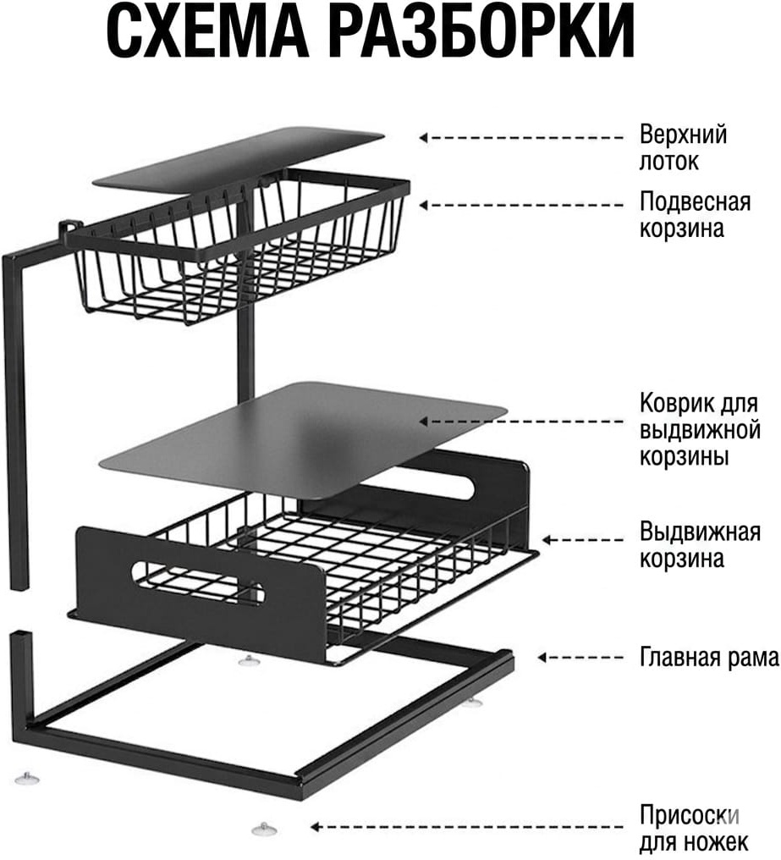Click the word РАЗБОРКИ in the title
pyautogui.click(x=481, y=30)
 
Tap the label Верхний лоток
pyautogui.click(x=683, y=148)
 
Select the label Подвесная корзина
pyautogui.click(x=695, y=215)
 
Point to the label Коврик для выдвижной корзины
pyautogui.click(x=700, y=430)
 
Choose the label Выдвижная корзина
pyautogui.click(x=700, y=546)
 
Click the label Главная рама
pyautogui.click(x=709, y=657)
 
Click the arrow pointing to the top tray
pyautogui.click(x=521, y=138)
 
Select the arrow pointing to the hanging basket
pyautogui.click(x=521, y=205)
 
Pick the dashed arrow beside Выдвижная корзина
pyautogui.click(x=582, y=540)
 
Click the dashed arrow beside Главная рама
pyautogui.click(x=580, y=657)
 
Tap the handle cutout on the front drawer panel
pyautogui.click(x=198, y=582)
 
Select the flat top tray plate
pyautogui.click(x=239, y=160)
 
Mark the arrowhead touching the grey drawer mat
pyautogui.click(x=424, y=422)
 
